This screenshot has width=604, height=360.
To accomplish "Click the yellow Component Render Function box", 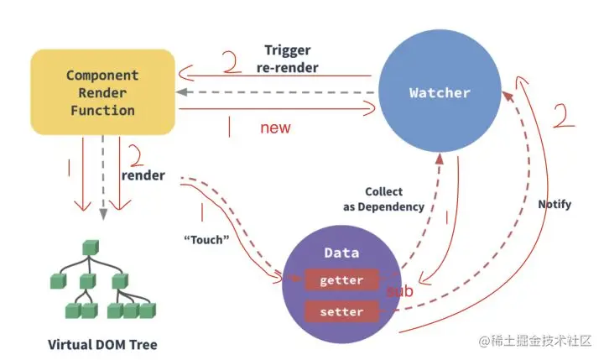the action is click(x=103, y=92).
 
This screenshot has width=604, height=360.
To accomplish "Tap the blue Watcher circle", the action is click(x=440, y=91).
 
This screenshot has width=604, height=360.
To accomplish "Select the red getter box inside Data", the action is click(x=341, y=279).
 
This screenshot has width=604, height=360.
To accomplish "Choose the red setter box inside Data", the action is click(x=341, y=311).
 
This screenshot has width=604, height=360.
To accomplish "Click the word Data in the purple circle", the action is click(x=341, y=253).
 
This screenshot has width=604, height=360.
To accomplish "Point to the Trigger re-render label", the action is click(x=288, y=59).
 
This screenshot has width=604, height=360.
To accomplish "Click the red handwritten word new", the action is click(x=275, y=128).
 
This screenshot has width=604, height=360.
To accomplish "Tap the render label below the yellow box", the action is click(x=143, y=175).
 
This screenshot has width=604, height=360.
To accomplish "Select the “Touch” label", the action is click(x=206, y=240).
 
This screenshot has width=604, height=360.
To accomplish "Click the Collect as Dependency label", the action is click(x=383, y=199).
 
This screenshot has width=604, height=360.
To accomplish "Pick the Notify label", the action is click(x=555, y=204).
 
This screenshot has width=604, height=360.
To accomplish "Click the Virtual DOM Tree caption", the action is click(x=102, y=344).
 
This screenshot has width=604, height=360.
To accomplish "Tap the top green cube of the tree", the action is click(x=91, y=248).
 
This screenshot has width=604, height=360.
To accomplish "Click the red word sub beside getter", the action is click(x=399, y=291).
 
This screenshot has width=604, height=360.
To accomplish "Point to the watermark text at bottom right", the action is click(x=534, y=341).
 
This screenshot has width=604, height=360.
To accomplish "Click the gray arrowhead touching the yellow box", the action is click(x=181, y=92).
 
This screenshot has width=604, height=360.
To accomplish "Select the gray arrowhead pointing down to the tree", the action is click(x=103, y=214).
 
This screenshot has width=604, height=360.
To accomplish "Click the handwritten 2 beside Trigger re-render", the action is click(x=232, y=62).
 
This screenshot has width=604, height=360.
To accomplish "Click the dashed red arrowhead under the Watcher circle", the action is click(x=440, y=159).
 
